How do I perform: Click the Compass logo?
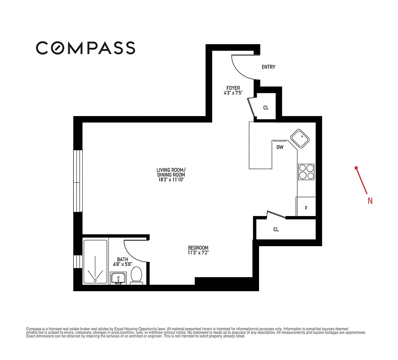(85, 48)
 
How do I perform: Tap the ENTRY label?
(268, 67)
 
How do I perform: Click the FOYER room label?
(233, 88)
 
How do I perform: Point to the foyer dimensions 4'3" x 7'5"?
(233, 94)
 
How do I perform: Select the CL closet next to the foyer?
(266, 108)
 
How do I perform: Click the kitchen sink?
(299, 138)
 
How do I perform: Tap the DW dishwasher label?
(280, 147)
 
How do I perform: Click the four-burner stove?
(306, 172)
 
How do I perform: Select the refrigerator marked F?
(306, 207)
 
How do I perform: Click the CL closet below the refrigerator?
(276, 229)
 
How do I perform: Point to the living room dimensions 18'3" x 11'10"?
(171, 180)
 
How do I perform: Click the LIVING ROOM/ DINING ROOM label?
(171, 172)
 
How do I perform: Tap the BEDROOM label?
(198, 248)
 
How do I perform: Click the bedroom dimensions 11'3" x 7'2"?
(198, 253)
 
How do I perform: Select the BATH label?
(122, 259)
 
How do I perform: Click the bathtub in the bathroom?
(95, 261)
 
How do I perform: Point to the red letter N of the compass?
(370, 201)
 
